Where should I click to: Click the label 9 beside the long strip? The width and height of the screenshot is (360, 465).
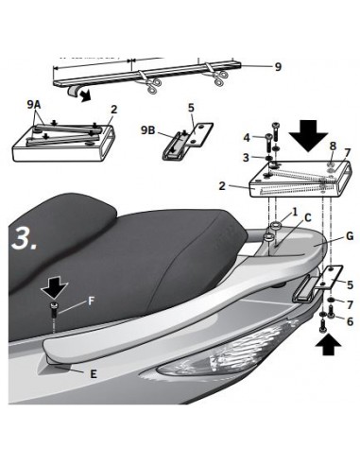pos(278,67)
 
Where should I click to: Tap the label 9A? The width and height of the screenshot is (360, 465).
pos(34,105)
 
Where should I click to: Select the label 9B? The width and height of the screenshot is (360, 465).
pos(148,130)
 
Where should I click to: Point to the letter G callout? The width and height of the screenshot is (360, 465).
pos(350,236)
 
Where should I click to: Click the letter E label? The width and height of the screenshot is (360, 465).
pos(94,374)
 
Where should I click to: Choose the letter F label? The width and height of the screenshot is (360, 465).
pos(91,301)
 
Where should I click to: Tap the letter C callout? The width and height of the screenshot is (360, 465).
pos(308,217)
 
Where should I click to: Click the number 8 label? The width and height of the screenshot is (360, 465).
pos(333,146)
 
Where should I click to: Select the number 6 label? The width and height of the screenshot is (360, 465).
pos(351,321)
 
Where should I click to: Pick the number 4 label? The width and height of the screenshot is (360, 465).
pos(247,138)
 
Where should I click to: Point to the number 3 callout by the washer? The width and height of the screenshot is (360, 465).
pos(246,158)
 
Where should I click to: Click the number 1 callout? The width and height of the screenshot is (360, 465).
pos(295,212)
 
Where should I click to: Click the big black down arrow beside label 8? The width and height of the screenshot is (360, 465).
pos(309,136)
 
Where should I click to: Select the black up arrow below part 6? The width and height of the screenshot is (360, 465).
pos(329,344)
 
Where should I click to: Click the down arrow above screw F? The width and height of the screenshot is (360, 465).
pos(55,288)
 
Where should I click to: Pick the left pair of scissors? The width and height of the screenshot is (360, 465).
pos(153,85)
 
